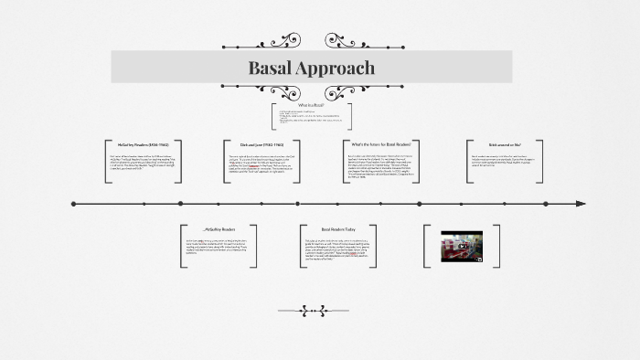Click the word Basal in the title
click(272, 68)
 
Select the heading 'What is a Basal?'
click(310, 105)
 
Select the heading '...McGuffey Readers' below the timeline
click(219, 229)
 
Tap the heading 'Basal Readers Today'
click(338, 229)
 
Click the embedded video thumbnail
click(463, 245)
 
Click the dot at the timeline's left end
click(74, 204)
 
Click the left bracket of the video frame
click(426, 245)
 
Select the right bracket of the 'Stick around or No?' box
click(540, 161)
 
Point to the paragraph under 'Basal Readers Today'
click(338, 251)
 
